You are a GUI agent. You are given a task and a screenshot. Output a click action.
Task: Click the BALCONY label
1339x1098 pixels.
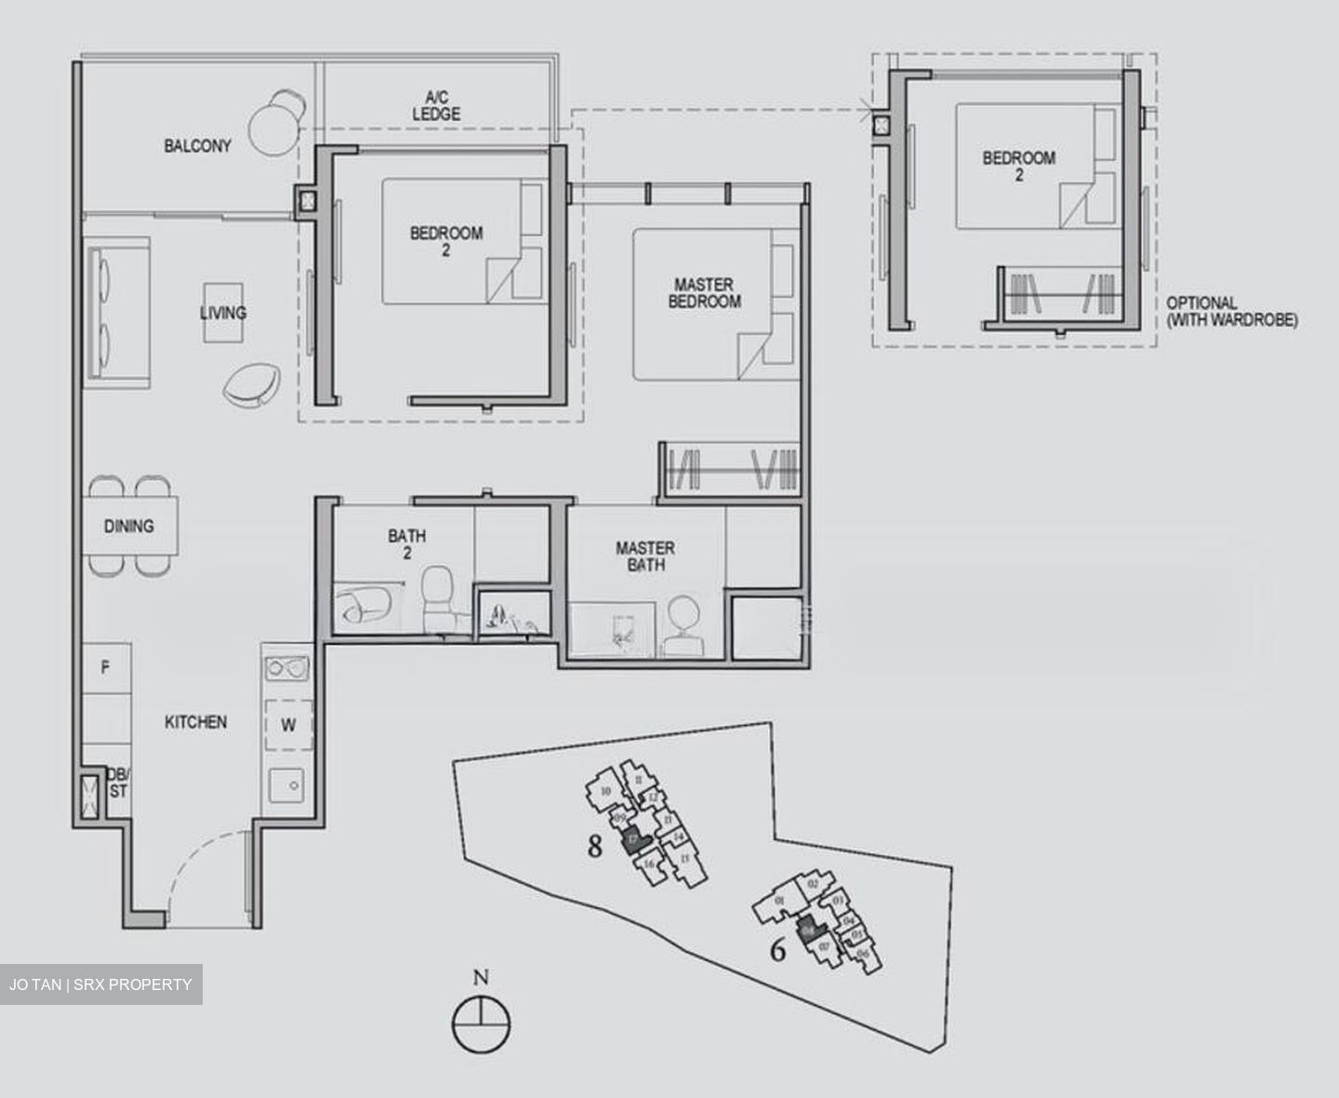click(x=197, y=146)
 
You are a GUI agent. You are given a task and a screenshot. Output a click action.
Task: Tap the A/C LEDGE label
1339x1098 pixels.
click(x=436, y=105)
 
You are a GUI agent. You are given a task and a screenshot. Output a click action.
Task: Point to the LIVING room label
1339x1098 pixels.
click(x=223, y=313)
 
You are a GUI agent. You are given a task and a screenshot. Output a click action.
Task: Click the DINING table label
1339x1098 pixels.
click(x=128, y=526)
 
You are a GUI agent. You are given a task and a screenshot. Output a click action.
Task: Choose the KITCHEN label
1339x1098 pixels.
click(x=195, y=722)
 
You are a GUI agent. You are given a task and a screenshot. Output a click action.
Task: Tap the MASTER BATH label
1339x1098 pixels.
click(x=645, y=556)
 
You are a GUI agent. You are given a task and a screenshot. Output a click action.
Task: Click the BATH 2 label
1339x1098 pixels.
click(x=407, y=544)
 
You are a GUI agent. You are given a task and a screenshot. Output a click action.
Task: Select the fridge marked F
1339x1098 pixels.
click(x=105, y=667)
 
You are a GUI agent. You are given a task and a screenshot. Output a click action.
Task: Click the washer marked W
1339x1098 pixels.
click(x=287, y=725)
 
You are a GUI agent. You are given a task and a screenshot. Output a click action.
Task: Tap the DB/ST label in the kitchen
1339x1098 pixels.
click(x=118, y=783)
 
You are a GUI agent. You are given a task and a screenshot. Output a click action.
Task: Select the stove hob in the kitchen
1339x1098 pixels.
click(x=286, y=667)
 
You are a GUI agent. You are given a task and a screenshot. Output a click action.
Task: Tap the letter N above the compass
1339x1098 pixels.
click(x=480, y=977)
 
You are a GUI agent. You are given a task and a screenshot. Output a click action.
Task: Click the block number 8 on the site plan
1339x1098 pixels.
click(x=595, y=847)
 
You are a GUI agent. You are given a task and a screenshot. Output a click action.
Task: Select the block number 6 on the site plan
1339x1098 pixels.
click(x=778, y=949)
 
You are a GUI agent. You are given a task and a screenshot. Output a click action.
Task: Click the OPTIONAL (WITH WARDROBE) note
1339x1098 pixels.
click(x=1231, y=312)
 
